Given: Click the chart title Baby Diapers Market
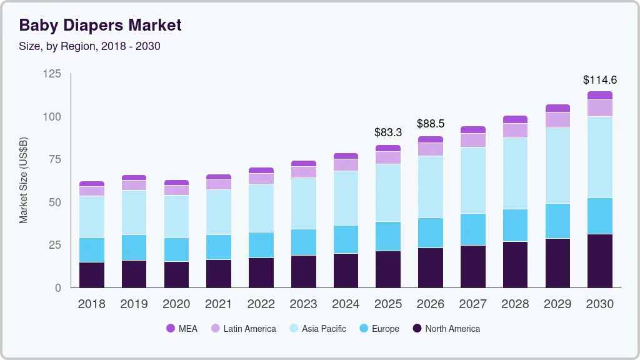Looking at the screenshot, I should coord(100,25).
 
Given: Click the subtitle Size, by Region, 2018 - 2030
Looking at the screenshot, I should coord(89,46).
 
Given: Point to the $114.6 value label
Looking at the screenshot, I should coord(599,80).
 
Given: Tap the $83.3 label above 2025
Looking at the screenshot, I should coord(387,132).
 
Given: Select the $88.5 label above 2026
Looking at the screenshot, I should coord(430,124).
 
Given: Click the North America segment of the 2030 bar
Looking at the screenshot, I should coord(599,261).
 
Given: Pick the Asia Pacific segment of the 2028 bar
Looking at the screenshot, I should coord(515,173).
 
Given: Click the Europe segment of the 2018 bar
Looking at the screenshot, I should coord(92,250).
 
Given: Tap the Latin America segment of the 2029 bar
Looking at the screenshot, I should coord(557,120).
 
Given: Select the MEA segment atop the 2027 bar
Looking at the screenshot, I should coord(472,130).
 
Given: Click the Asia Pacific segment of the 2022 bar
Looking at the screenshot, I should coord(261,208).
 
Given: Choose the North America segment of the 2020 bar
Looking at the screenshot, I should coord(176,274).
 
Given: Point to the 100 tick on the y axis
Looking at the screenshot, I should coord(52,117).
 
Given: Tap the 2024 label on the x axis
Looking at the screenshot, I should coord(346,304).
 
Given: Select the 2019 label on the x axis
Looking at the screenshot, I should coord(134,304).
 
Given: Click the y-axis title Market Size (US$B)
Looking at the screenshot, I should coord(24,180).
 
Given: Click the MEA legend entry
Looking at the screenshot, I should coord(182,329).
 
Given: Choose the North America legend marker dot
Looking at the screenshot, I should coord(417,329).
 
